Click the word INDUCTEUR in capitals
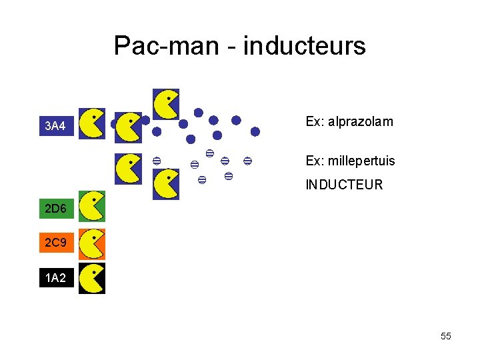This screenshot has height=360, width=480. pos(344,185)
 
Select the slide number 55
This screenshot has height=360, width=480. pos(446,337)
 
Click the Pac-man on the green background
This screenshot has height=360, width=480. pos(91,206)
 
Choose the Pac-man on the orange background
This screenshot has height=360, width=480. pos(91,243)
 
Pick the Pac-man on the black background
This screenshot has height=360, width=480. pos(91,278)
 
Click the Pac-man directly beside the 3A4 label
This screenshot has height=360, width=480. pos(91,123)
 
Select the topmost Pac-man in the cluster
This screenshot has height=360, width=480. pos(166,104)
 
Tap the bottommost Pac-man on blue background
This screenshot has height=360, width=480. pos(166,184)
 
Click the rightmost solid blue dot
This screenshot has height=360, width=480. pos(255,132)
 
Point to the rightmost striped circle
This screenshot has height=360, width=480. pos(247,161)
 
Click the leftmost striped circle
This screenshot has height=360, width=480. pos(156,161)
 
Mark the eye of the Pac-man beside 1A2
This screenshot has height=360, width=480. pos(95,272)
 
